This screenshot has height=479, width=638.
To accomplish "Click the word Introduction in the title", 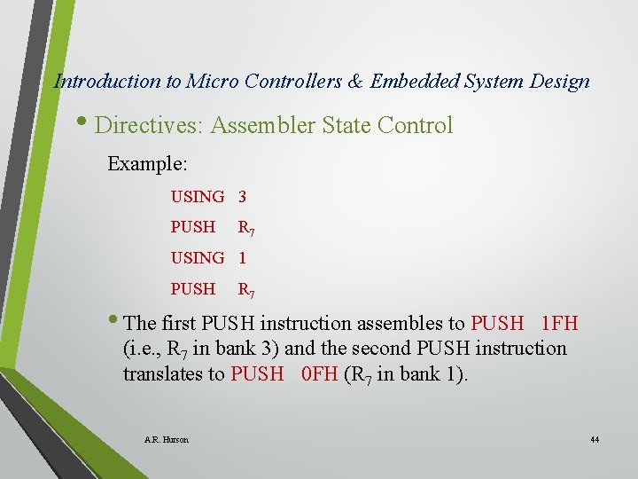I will pyautogui.click(x=107, y=82).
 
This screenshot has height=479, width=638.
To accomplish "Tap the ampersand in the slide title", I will pyautogui.click(x=355, y=82).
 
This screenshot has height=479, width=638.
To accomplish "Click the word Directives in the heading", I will pyautogui.click(x=149, y=126).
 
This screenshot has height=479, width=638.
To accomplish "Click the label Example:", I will pyautogui.click(x=146, y=164).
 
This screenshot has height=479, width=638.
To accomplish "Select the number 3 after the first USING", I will pyautogui.click(x=242, y=196).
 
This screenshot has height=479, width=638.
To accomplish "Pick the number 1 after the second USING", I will pyautogui.click(x=242, y=258).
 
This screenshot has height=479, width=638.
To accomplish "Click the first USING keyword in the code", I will pyautogui.click(x=198, y=196).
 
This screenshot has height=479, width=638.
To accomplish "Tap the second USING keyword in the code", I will pyautogui.click(x=198, y=258).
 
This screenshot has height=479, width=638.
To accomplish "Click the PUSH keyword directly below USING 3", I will pyautogui.click(x=193, y=227).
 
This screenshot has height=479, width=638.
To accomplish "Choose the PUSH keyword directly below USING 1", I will pyautogui.click(x=193, y=289).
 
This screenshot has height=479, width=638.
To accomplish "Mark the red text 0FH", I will pyautogui.click(x=320, y=374).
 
